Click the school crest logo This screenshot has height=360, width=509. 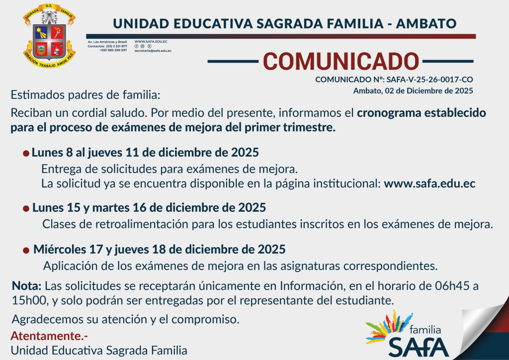coord(49,36)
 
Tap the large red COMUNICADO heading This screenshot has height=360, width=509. coord(341,61)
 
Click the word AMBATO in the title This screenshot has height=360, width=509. coord(426,24)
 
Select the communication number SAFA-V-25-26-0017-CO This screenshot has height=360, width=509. coord(429,80)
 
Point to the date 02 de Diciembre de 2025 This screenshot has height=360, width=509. coord(429,91)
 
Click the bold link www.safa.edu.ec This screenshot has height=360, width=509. coord(429,183)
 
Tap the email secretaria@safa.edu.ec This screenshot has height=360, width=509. coord(153,51)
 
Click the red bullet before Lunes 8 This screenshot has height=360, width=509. coord(26,153)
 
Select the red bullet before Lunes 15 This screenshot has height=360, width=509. coord(26,208)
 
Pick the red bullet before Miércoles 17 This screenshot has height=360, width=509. coord(26,250)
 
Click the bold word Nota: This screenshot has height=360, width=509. coord(27,286)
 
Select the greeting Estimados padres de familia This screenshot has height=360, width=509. coord(85,95)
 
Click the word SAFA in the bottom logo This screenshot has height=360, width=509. coord(419,347)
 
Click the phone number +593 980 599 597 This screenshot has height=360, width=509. coord(113,50)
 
